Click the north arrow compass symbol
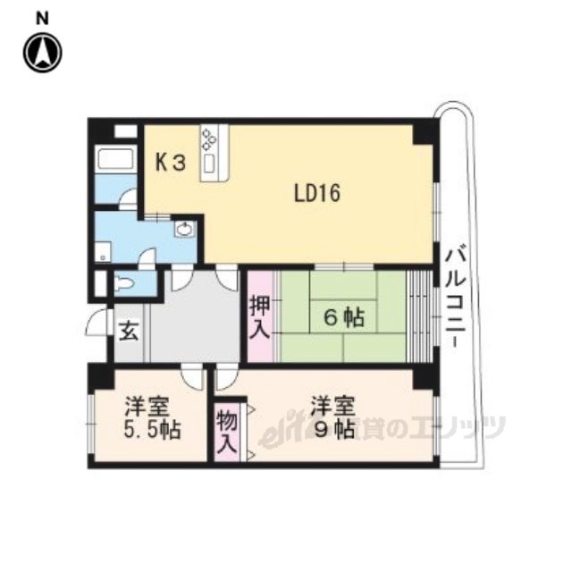43,53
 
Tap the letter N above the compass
43,19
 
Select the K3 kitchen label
171,163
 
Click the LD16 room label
317,193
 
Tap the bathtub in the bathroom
115,159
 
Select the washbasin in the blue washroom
185,230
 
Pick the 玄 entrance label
129,332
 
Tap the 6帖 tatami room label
344,317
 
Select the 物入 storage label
226,433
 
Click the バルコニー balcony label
456,298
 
